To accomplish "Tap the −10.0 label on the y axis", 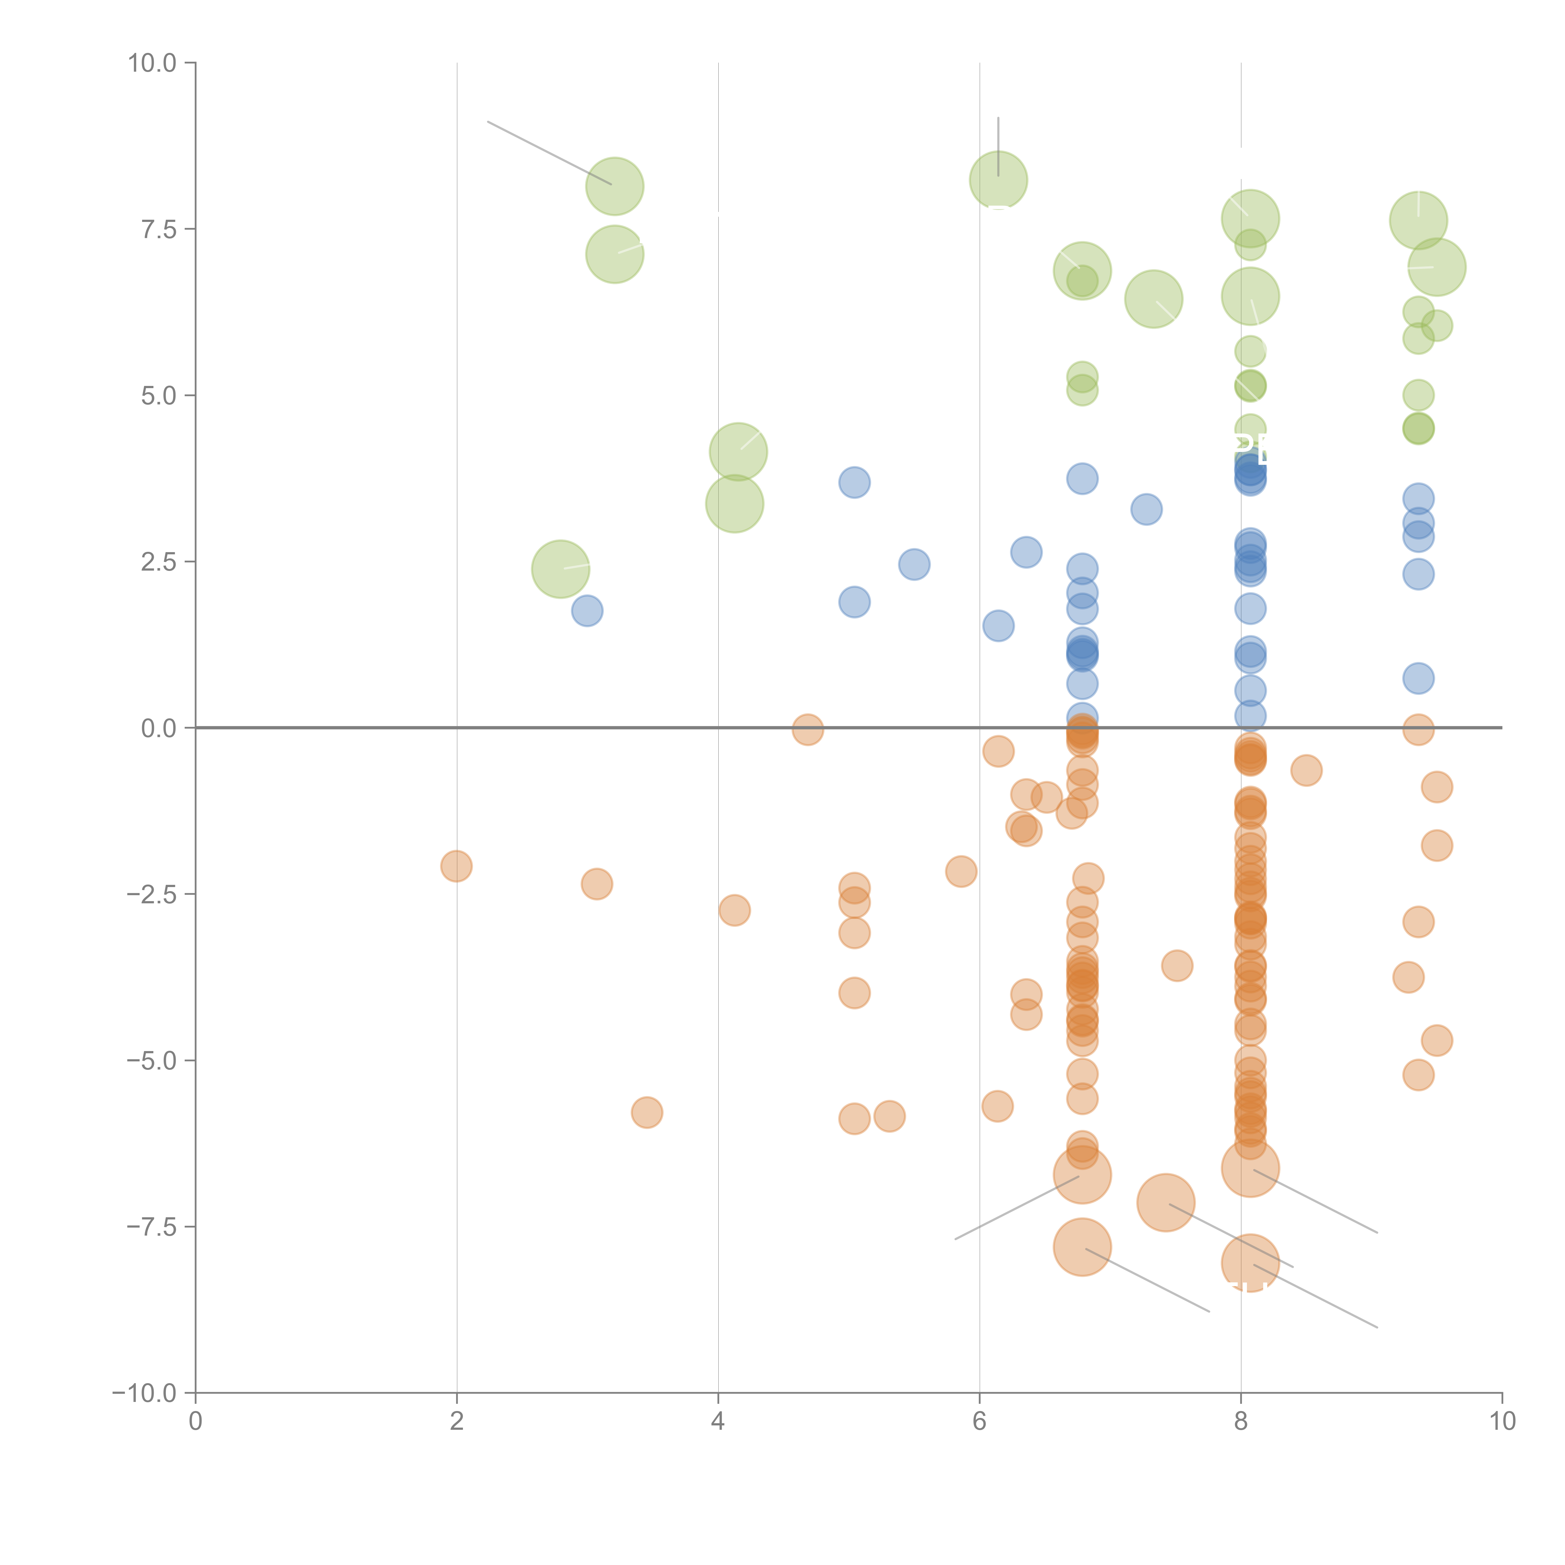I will click(144, 1393).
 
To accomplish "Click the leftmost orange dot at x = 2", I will click(457, 866).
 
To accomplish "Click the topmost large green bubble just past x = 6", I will click(998, 180).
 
